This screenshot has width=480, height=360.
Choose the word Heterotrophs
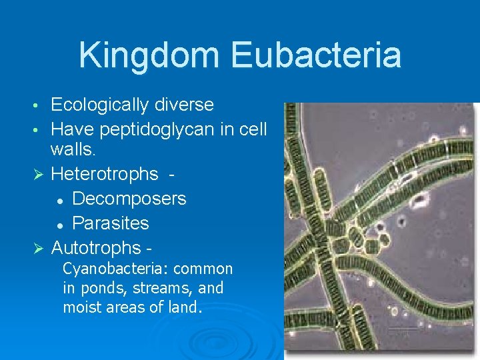point(105,175)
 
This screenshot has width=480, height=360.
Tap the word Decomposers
point(129,199)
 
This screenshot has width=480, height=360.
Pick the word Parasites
point(111,223)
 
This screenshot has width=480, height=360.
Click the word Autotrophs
point(97,248)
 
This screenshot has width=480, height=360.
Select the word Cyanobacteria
point(117,269)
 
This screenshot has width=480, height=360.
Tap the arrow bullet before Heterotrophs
point(38,175)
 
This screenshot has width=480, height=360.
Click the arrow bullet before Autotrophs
point(38,249)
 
